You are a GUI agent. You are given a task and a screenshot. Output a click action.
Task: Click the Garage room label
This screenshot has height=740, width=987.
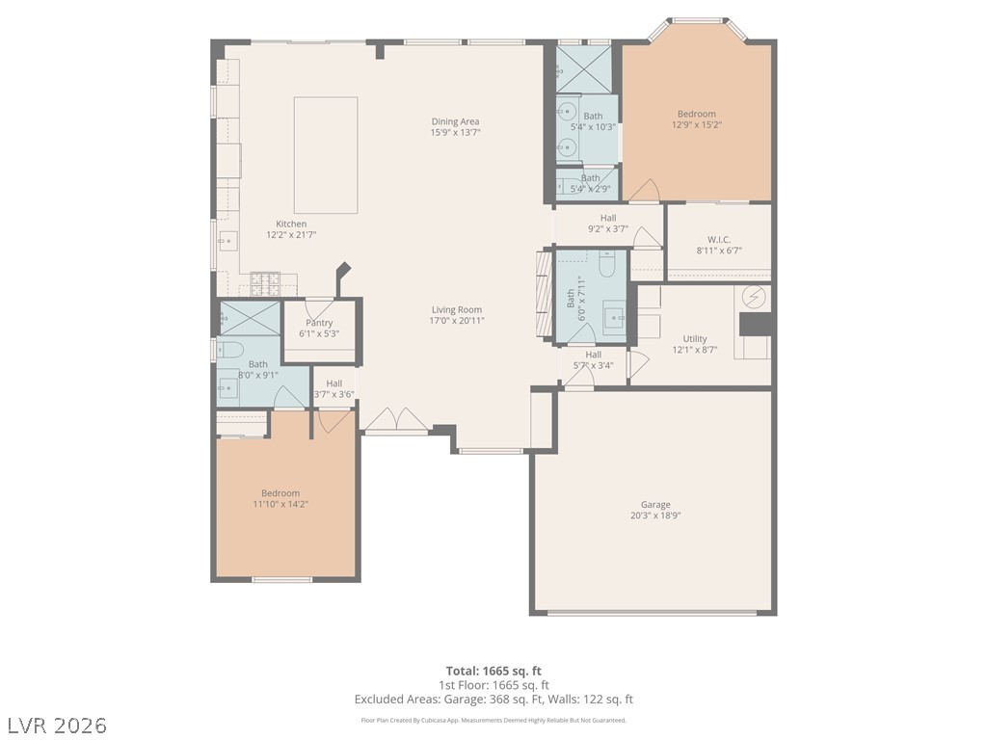655,505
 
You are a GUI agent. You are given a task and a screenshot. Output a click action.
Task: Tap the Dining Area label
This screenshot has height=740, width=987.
455,121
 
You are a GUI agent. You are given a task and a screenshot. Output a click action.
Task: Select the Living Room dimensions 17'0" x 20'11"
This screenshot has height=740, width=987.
457,320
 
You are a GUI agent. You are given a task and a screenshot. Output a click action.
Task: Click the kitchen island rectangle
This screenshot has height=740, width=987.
326,155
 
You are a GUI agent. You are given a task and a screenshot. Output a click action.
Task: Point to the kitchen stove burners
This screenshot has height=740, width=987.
265,284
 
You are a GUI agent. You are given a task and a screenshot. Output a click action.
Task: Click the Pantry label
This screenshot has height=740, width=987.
319,323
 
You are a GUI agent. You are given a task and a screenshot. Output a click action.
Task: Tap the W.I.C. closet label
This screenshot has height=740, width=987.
719,240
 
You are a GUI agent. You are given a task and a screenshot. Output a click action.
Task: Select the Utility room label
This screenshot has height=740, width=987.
695,338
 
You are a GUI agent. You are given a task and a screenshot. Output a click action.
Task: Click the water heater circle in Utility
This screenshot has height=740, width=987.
754,297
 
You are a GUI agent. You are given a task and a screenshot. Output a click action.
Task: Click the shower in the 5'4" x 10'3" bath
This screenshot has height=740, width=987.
583,69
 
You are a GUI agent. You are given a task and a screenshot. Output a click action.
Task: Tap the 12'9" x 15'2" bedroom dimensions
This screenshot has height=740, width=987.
697,124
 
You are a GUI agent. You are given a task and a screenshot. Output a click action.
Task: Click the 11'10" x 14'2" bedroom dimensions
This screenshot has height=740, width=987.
280,504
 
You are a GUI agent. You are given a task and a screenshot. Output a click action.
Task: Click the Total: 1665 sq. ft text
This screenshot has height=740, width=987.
493,671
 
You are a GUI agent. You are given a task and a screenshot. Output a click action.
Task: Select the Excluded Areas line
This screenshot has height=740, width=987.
493,700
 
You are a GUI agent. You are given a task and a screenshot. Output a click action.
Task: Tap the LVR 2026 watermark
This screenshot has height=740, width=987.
54,726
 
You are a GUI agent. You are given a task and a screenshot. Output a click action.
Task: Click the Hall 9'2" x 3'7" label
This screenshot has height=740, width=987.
608,224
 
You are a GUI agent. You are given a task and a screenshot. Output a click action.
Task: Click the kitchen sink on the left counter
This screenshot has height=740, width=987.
227,241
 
